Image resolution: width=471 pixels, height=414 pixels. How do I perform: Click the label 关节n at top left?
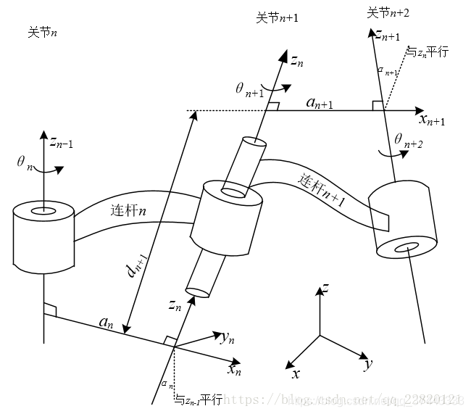pos(43,33)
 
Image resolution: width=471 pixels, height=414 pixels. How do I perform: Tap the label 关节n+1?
pos(277,17)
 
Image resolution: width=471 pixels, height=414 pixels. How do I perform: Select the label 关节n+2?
pos(388,12)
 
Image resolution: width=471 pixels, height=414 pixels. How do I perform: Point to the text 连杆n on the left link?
pos(128,211)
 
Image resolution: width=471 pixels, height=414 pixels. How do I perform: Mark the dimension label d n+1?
pos(133,270)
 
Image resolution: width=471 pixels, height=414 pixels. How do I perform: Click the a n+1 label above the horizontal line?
pos(320,103)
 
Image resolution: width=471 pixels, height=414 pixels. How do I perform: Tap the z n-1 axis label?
pos(61,144)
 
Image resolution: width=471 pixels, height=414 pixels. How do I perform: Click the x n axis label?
pos(234,369)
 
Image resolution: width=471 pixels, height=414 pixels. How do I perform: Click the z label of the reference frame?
pos(326,290)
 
